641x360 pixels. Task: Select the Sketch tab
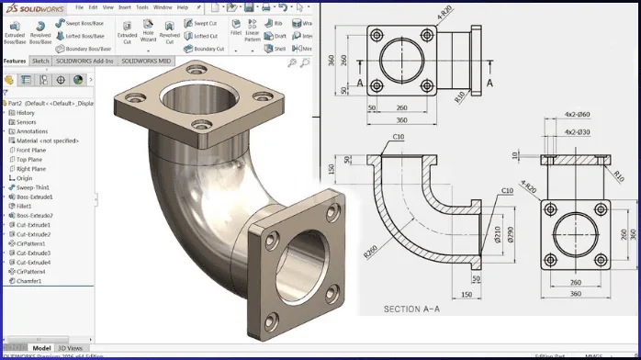pos(40,61)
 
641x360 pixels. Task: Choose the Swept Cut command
pos(204,22)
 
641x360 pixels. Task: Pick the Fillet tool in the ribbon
pos(237,33)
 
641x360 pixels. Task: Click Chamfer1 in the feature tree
pos(31,281)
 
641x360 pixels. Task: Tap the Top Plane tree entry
pos(30,159)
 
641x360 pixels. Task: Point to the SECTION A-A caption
pos(414,308)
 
